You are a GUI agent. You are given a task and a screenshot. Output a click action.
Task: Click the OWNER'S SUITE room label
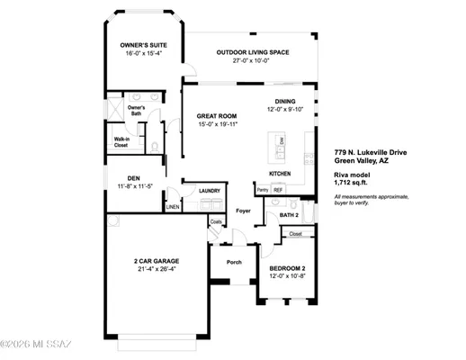click(145, 45)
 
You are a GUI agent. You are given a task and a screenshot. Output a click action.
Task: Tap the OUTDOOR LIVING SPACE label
click(253, 52)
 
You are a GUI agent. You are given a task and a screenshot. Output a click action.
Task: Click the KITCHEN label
click(281, 173)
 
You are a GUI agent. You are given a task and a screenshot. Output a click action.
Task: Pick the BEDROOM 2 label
click(289, 269)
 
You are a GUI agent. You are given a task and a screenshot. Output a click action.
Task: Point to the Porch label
click(234, 263)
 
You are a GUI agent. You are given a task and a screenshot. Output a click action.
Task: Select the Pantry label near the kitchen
click(262, 190)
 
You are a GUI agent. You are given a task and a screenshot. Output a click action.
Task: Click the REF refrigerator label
click(278, 190)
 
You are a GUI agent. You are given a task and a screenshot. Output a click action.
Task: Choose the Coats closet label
click(216, 221)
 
